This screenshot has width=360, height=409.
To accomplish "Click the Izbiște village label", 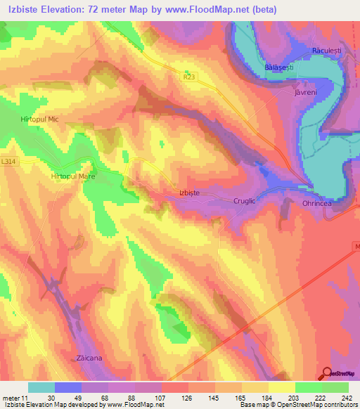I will pyautogui.click(x=186, y=191).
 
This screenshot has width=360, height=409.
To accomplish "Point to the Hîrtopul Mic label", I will pyautogui.click(x=39, y=120).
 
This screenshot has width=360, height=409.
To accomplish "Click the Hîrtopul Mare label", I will pyautogui.click(x=73, y=177).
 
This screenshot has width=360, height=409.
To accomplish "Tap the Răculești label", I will pyautogui.click(x=326, y=51).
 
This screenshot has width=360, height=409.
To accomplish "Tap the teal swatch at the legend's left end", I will pyautogui.click(x=41, y=387).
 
